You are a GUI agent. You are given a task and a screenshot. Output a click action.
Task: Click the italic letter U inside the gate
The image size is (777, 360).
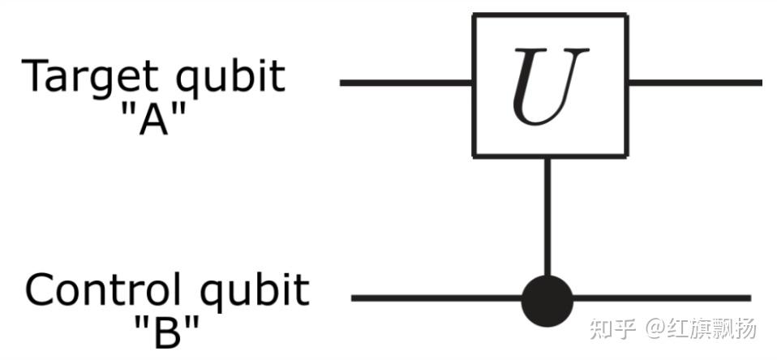550,88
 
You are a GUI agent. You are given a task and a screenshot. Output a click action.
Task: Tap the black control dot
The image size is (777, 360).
547,298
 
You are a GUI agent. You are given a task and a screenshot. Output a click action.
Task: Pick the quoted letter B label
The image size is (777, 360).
166,331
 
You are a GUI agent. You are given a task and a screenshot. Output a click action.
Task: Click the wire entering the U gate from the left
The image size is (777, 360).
406,83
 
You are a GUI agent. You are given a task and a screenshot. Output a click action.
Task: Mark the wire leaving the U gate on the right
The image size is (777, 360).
694,83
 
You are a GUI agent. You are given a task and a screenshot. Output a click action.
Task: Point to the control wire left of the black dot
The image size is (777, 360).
438,298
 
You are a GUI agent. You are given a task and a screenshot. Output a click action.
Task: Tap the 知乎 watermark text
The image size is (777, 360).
612,328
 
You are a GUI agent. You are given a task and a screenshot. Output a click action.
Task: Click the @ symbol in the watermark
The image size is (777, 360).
655,328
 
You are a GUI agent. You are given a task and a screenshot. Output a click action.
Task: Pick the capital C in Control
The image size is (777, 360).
41,290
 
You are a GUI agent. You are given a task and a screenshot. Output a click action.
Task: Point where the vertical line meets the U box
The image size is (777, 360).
547,156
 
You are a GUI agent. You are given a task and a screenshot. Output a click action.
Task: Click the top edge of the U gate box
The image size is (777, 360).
549,15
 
